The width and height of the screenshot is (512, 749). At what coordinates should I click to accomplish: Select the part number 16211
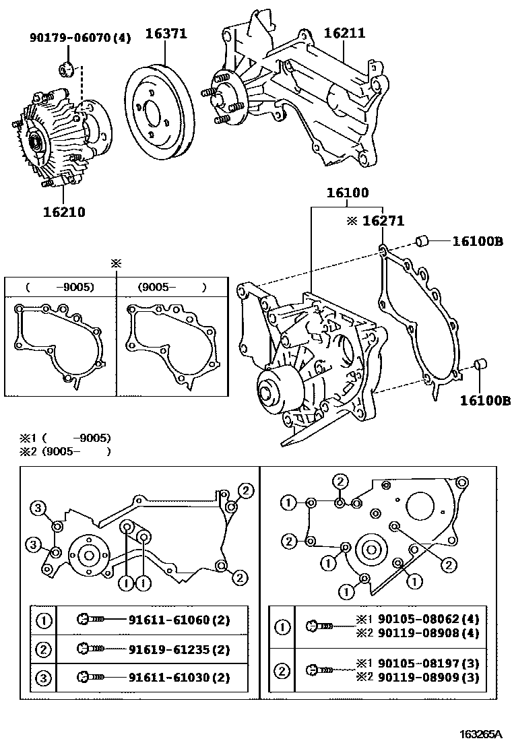point(344,32)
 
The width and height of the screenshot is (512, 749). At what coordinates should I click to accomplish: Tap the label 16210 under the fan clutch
point(65,212)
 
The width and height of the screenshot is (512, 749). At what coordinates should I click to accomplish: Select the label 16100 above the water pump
point(348,193)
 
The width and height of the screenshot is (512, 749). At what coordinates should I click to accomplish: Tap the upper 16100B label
point(477,240)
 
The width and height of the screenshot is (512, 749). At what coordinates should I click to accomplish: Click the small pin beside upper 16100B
point(422,240)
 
